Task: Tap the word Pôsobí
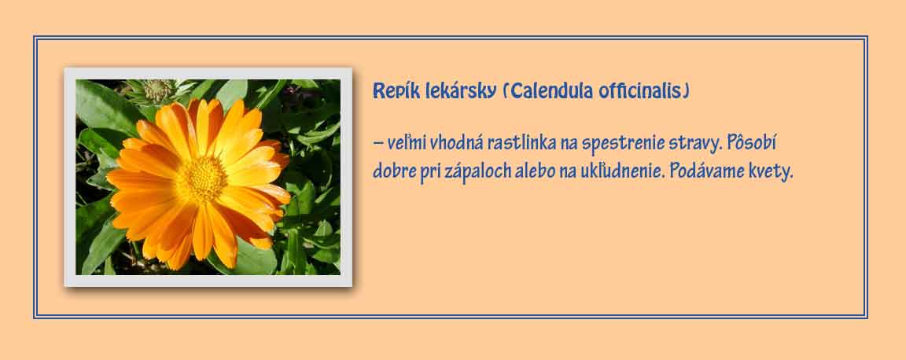pos(751,142)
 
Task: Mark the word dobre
pos(394,171)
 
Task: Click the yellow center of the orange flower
pos(201,180)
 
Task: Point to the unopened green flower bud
pos(157,90)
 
